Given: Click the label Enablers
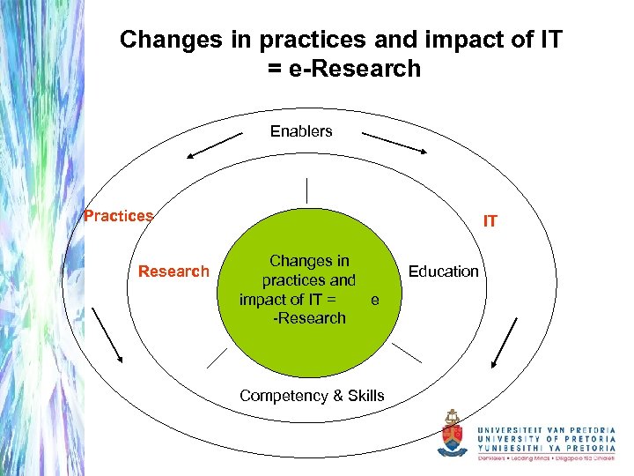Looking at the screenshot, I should (x=301, y=131).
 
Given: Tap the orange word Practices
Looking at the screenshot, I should (x=118, y=216).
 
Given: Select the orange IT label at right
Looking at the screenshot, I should (x=490, y=221).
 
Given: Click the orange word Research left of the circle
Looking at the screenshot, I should (x=173, y=271).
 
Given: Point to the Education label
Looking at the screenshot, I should (x=444, y=271).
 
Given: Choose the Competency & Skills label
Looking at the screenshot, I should (x=312, y=396).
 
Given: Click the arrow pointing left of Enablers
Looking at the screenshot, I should (x=214, y=145).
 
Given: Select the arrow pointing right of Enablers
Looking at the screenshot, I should (x=395, y=144).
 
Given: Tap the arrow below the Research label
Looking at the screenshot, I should (x=107, y=334).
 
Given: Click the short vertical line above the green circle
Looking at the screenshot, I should (x=307, y=190).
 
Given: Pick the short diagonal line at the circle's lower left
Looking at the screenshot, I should (x=217, y=356).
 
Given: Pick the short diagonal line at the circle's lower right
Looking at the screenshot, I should (x=406, y=353).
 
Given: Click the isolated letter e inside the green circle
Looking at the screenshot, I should (x=375, y=301).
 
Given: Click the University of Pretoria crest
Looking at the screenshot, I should (x=453, y=434).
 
